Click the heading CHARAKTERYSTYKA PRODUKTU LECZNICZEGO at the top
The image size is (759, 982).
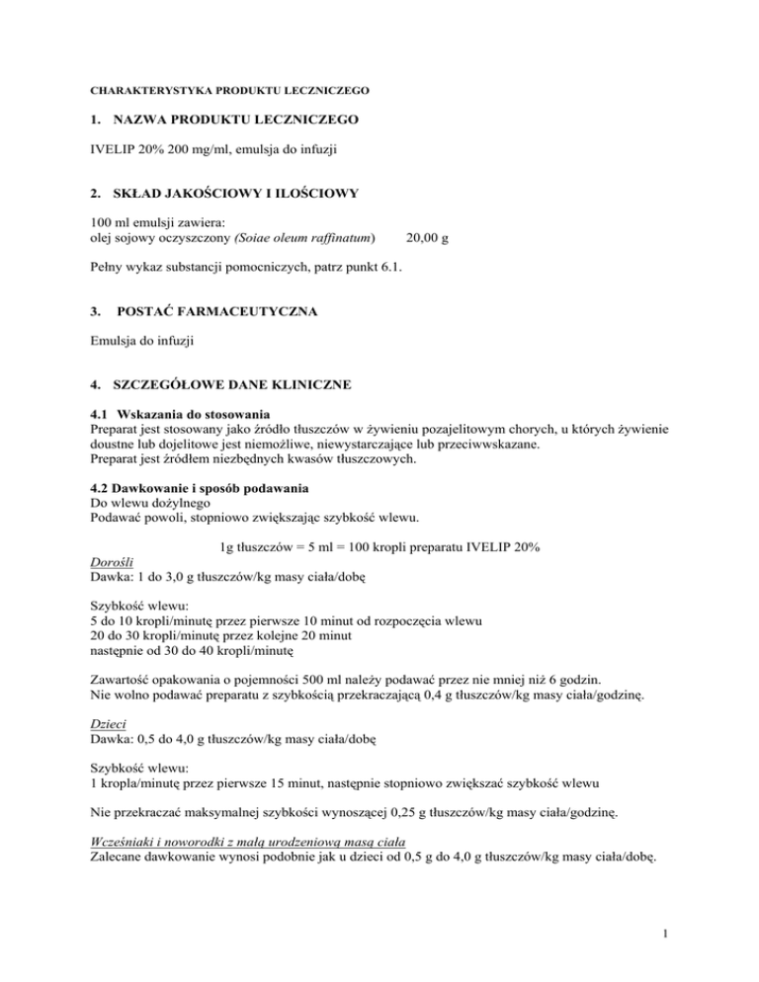coord(231,90)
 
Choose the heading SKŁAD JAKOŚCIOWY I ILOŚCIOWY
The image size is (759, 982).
coord(223,192)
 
